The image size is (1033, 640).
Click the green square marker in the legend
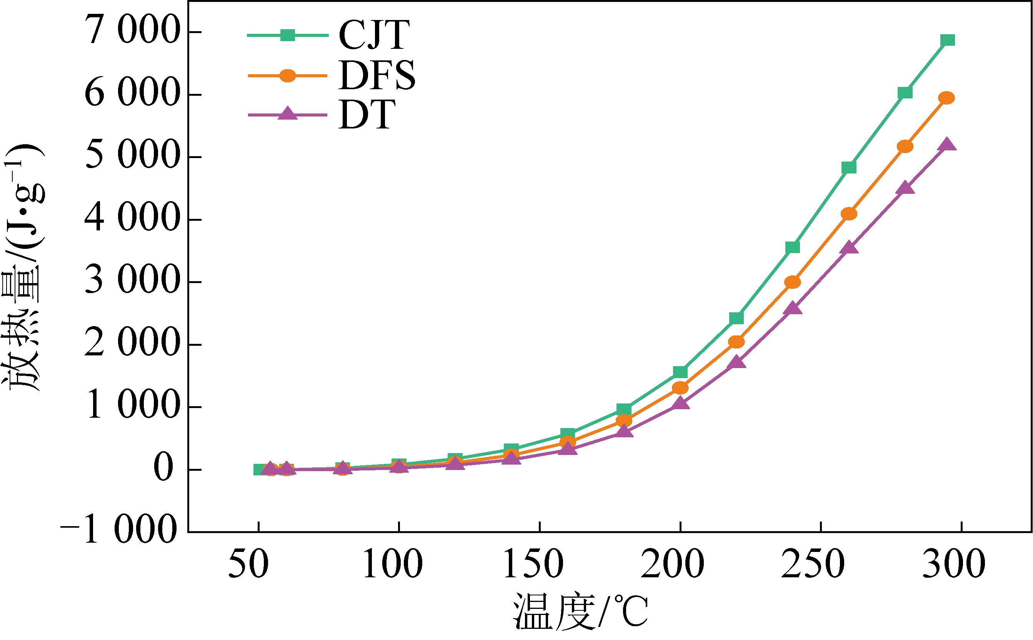(288, 35)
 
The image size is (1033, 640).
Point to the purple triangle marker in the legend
(288, 113)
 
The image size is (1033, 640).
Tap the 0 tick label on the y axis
(163, 468)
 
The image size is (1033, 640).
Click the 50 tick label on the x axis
(248, 564)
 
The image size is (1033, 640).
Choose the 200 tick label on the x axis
(672, 564)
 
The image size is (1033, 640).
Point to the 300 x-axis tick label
(954, 564)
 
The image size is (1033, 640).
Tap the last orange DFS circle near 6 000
(946, 98)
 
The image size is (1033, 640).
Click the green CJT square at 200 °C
(680, 372)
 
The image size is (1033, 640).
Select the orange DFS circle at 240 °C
(793, 282)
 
